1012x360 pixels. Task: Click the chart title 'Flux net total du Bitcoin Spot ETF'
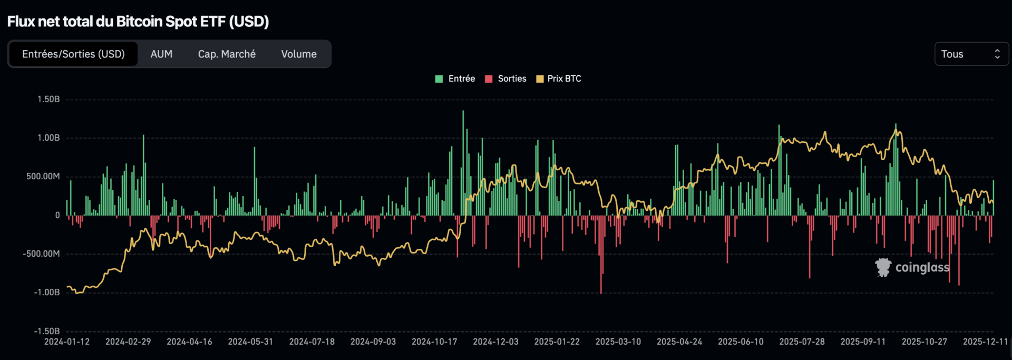(138, 22)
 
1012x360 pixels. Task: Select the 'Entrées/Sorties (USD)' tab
(73, 54)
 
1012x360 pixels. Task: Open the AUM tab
(161, 54)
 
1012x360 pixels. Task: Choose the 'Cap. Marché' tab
(227, 54)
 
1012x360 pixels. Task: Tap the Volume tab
(299, 54)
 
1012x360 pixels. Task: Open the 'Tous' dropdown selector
(971, 54)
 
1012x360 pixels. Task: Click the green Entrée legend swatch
(439, 79)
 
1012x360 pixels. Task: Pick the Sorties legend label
(512, 79)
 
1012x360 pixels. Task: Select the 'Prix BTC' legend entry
(564, 79)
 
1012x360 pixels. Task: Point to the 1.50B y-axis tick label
(48, 99)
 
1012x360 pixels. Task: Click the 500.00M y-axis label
(43, 176)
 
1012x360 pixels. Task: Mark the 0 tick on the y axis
(57, 215)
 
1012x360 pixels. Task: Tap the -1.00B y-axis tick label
(46, 292)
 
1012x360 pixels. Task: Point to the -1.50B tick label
(46, 331)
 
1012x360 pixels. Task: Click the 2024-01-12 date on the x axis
(67, 342)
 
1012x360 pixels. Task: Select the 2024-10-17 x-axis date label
(434, 342)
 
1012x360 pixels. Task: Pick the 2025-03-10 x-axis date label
(618, 342)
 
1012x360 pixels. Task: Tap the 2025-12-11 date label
(985, 342)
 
